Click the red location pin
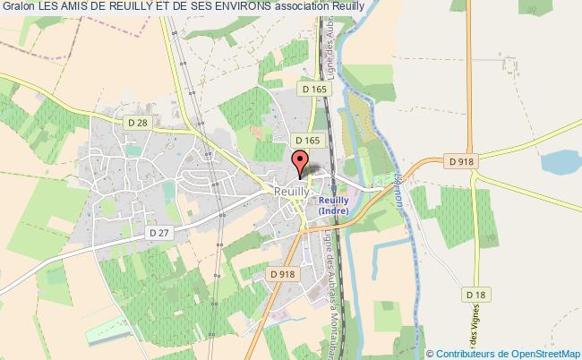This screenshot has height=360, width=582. [x=298, y=164]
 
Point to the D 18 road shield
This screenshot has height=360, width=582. [x=475, y=294]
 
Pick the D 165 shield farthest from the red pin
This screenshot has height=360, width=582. [x=315, y=90]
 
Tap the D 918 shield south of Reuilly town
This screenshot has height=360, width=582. [x=281, y=274]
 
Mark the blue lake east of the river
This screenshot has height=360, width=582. [x=561, y=163]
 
